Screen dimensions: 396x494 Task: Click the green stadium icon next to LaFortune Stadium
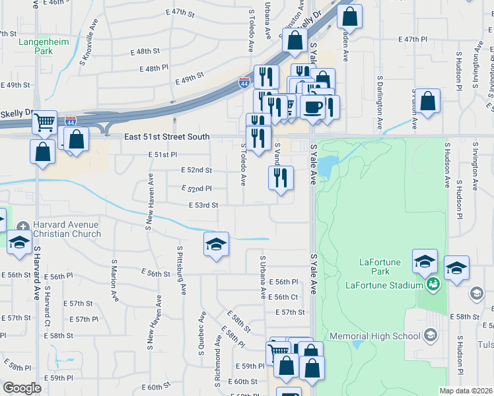(x=433, y=285)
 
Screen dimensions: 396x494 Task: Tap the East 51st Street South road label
(x=167, y=137)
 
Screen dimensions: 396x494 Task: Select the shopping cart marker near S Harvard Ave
(x=44, y=121)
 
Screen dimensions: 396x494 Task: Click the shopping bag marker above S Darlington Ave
(x=428, y=102)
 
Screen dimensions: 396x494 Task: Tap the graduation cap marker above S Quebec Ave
(x=216, y=244)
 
